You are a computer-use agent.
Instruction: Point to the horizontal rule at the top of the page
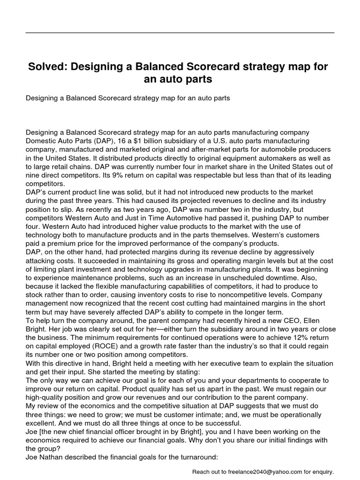click(180, 33)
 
